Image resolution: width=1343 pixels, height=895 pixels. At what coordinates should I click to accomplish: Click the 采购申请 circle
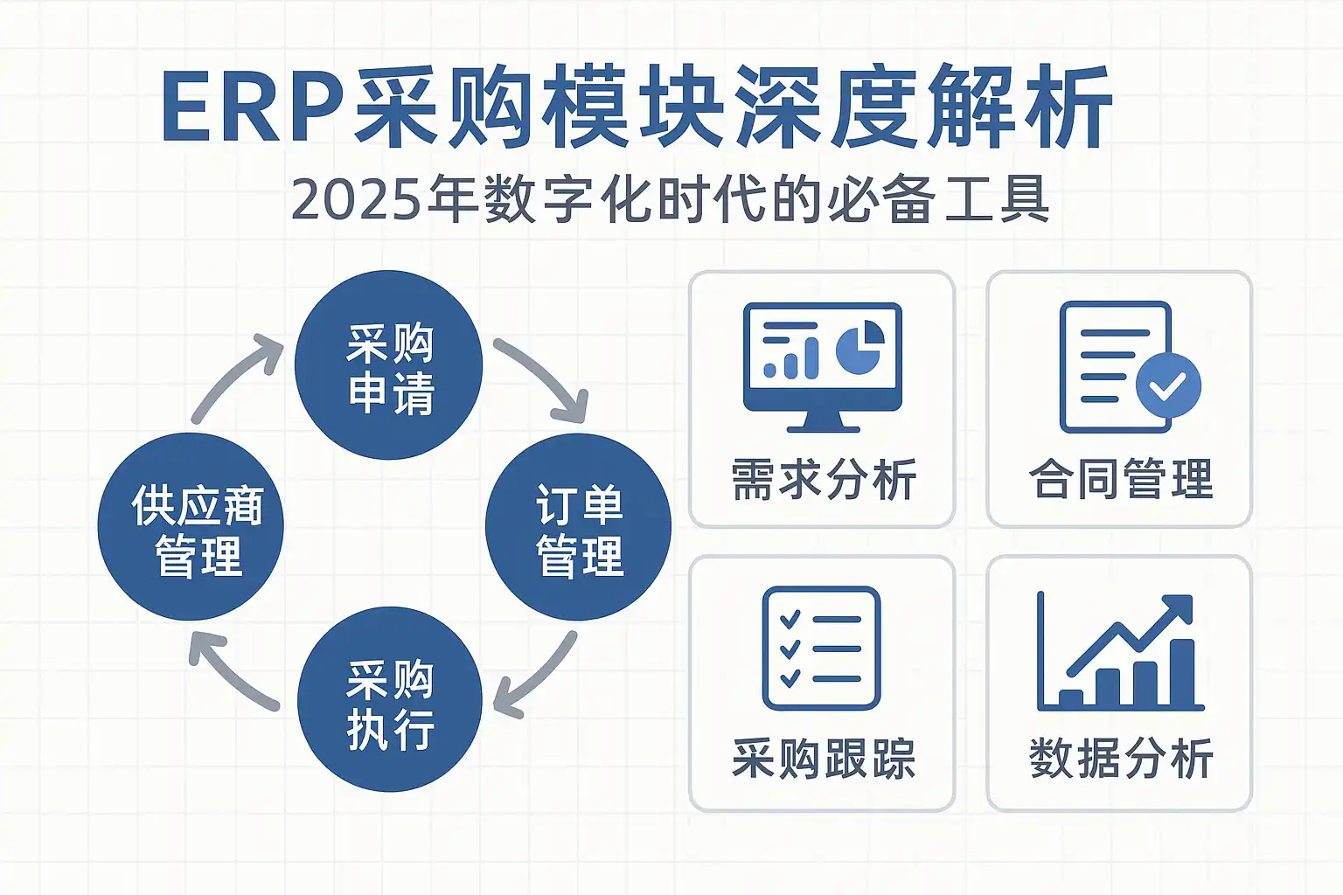(x=389, y=365)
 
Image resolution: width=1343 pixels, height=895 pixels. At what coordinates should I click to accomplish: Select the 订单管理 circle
(x=578, y=527)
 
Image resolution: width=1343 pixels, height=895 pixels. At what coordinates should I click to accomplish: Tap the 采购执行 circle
(x=390, y=699)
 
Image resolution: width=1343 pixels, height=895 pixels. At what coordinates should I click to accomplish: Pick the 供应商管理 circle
(x=191, y=527)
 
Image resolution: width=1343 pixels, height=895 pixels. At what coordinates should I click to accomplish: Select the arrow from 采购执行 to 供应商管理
(x=229, y=671)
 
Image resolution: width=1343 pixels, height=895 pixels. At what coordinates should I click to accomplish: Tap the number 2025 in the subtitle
(x=353, y=200)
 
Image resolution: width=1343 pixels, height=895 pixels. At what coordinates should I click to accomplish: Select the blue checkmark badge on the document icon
(x=1168, y=385)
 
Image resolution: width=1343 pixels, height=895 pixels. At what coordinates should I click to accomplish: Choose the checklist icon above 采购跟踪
(x=821, y=648)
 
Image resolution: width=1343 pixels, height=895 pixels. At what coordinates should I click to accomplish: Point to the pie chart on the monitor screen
(x=860, y=348)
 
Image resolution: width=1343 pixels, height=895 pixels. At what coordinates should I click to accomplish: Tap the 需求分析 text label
(x=823, y=480)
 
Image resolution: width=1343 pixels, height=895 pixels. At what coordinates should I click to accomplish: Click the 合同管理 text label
(x=1121, y=480)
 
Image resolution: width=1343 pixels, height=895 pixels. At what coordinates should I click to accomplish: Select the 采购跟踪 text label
(x=823, y=758)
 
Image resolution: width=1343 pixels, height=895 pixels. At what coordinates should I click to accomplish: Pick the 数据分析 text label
(x=1121, y=758)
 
